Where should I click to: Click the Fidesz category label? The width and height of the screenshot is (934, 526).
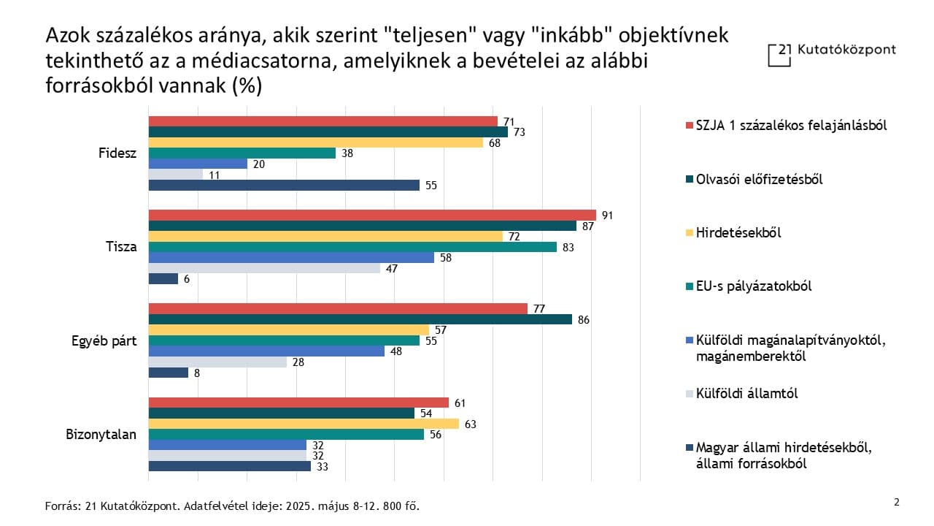117,153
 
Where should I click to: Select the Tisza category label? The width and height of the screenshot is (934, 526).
121,246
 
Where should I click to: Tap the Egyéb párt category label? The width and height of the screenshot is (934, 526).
104,340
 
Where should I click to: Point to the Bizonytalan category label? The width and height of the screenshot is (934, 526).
101,434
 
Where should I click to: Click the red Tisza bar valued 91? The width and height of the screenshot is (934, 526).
372,215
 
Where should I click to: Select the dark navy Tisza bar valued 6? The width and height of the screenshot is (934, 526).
163,278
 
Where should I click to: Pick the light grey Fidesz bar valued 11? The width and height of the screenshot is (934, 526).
176,175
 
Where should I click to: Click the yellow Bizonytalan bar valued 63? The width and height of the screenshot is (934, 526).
304,424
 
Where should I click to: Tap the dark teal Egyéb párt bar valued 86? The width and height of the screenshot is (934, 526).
360,319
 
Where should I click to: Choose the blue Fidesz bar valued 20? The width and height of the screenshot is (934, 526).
198,164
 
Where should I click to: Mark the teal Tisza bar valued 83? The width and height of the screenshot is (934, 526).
352,247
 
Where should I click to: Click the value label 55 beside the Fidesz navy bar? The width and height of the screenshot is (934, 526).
431,186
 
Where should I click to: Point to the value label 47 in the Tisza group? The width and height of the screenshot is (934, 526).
391,268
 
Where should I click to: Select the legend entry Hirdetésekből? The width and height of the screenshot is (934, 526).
738,233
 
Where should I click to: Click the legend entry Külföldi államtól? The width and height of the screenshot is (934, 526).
746,394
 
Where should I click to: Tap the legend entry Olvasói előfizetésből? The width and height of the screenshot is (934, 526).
759,179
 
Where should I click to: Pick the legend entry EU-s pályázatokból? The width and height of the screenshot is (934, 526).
754,286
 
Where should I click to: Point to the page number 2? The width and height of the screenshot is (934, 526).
897,502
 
